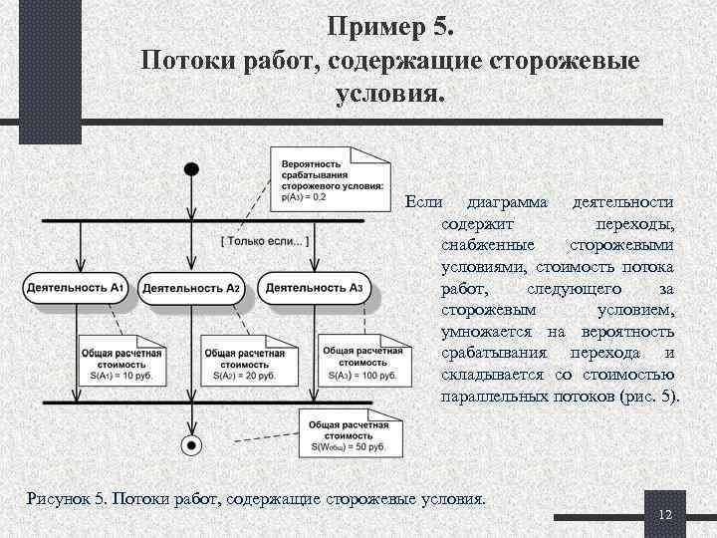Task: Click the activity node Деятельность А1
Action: click(76, 289)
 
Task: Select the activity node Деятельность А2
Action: click(192, 289)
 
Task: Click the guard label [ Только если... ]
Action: click(264, 241)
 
